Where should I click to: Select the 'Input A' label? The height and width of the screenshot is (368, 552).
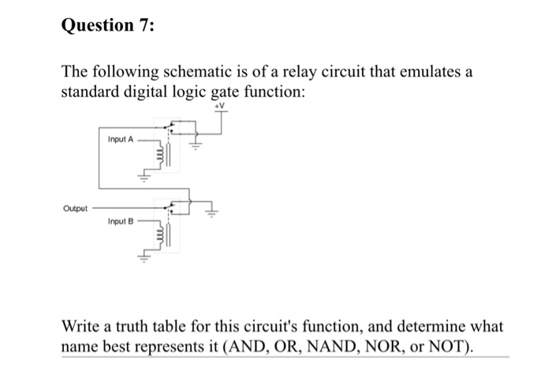click(121, 139)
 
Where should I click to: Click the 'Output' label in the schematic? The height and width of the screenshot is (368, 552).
click(74, 209)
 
